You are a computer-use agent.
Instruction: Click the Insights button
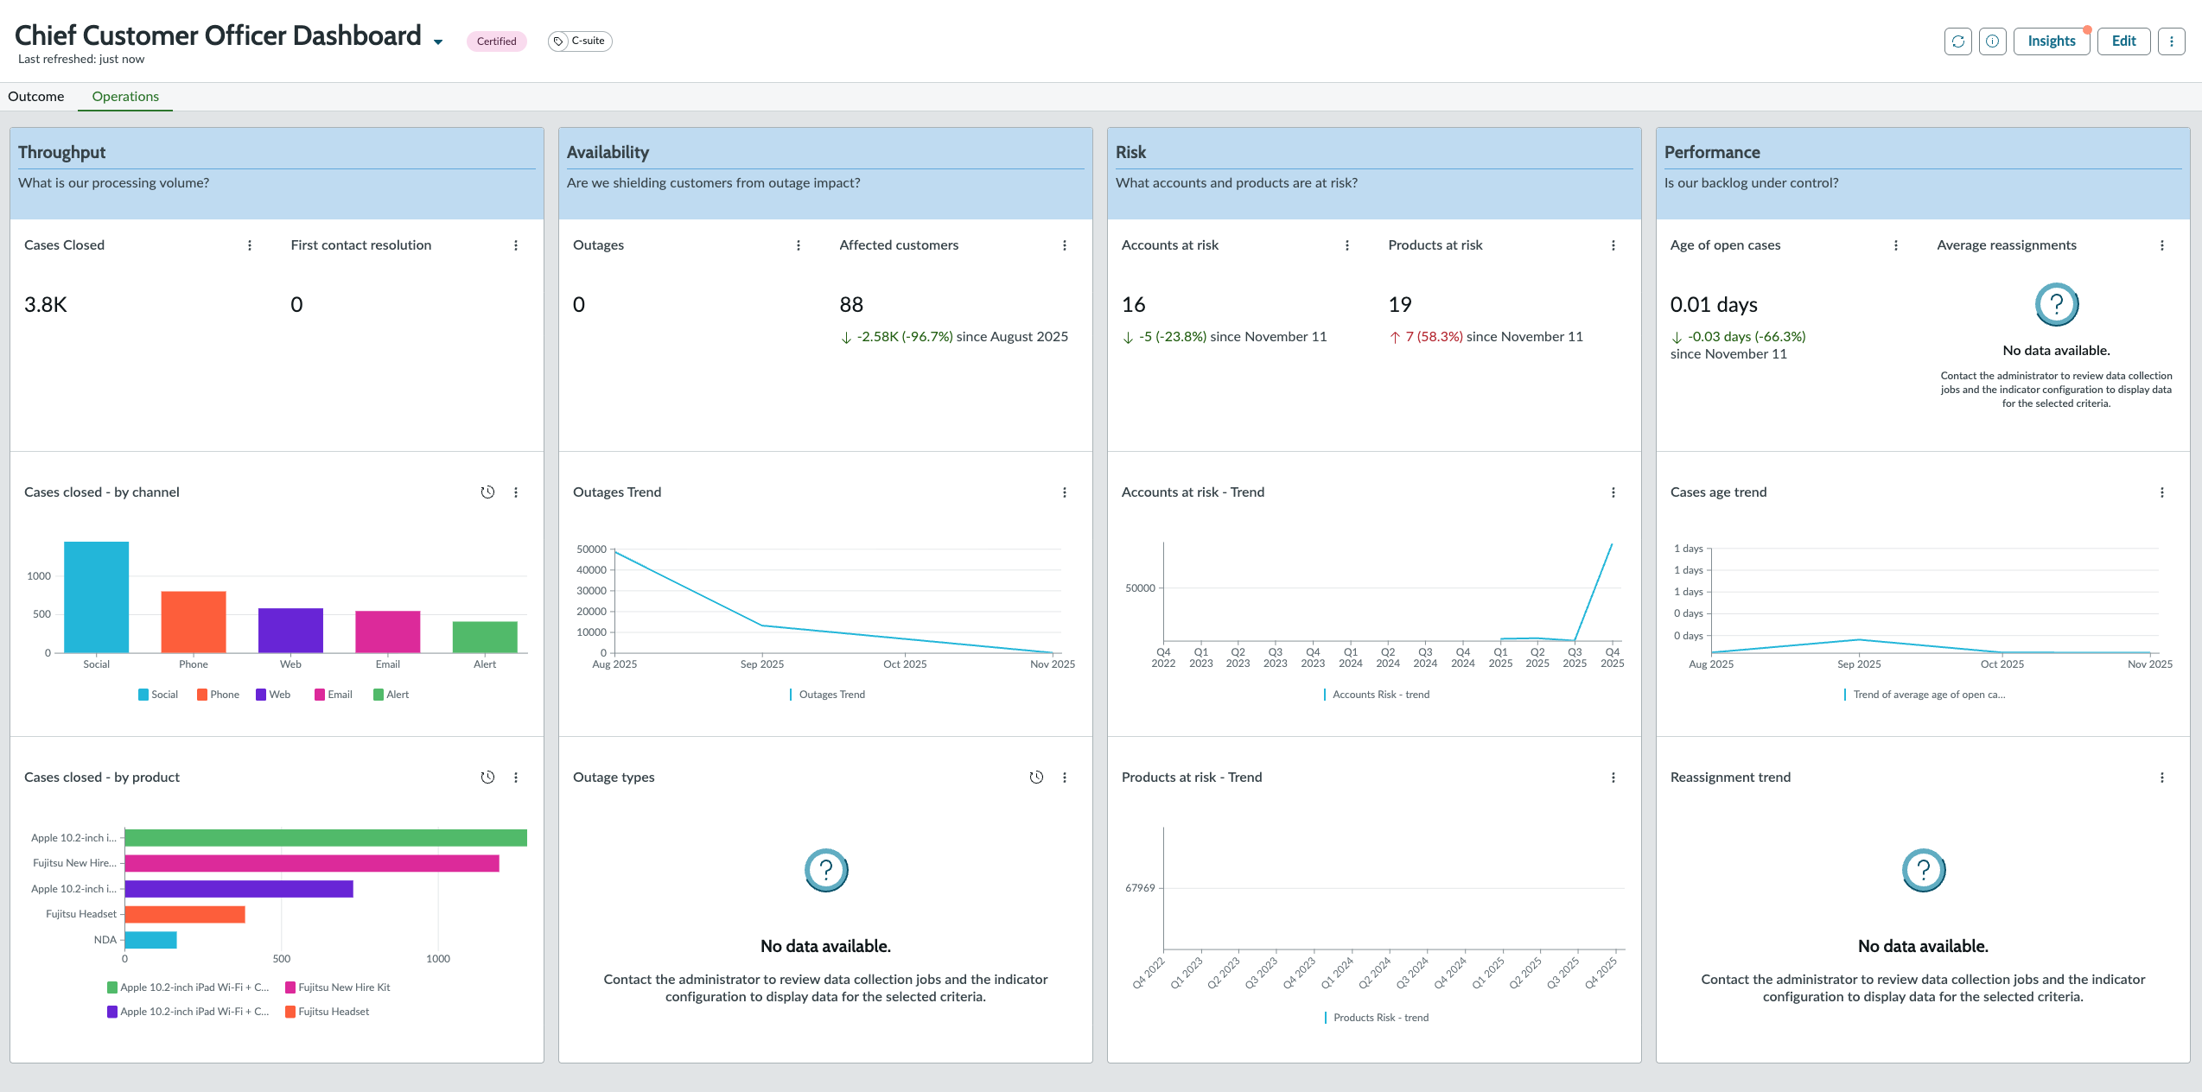(2051, 41)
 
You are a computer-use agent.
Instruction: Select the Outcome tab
(36, 97)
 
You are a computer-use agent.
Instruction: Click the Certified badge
(496, 41)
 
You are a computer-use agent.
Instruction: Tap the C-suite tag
(580, 41)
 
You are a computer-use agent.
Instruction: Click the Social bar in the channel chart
(97, 597)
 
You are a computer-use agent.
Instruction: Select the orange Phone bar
(194, 622)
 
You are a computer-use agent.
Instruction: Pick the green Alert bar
(485, 637)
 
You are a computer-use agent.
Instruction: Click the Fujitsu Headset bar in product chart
(185, 914)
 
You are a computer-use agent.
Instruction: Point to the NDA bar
(151, 940)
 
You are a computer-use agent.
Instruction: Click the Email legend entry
(334, 695)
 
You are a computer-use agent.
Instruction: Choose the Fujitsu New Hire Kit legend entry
(338, 987)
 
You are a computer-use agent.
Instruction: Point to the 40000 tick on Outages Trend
(592, 570)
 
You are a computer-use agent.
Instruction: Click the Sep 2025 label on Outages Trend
(762, 664)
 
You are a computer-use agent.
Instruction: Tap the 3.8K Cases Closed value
(46, 305)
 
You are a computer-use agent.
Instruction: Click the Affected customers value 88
(851, 305)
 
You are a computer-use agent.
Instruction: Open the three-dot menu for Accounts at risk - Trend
(1613, 492)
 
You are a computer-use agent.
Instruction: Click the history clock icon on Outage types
(1036, 778)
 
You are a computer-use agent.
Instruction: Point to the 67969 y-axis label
(1140, 888)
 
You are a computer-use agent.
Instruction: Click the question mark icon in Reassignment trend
(1924, 870)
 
